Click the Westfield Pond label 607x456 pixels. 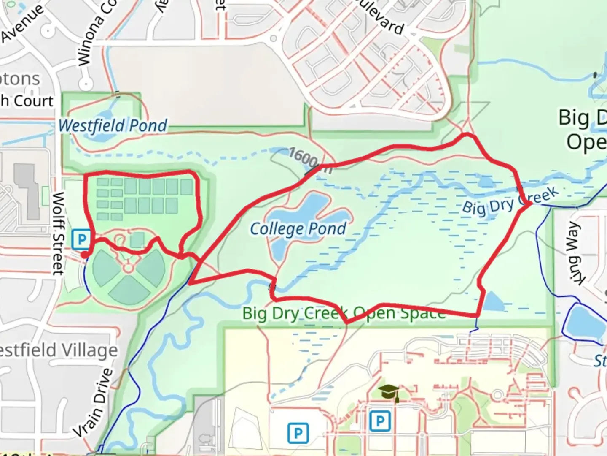tap(113, 125)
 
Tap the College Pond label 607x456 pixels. tap(298, 229)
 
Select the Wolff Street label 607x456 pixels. tap(58, 233)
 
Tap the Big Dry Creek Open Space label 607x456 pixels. tap(344, 313)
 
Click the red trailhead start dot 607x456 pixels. tap(85, 255)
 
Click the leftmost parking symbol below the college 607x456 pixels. tap(298, 433)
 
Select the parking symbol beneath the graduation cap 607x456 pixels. tap(380, 421)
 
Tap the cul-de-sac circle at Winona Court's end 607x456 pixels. tap(86, 84)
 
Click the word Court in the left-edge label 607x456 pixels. tap(34, 101)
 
